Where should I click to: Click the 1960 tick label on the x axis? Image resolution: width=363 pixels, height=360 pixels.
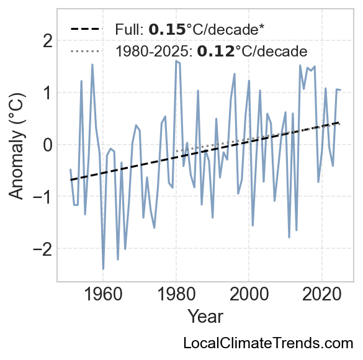pos(103,295)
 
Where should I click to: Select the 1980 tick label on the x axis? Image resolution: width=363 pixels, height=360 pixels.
pos(176,295)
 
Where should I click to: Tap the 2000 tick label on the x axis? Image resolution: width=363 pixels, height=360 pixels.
pos(249,295)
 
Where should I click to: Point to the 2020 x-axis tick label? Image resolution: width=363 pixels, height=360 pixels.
pos(322,295)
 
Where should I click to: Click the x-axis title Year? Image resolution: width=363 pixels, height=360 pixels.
pos(205,317)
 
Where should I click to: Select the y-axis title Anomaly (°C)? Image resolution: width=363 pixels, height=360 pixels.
pos(16,146)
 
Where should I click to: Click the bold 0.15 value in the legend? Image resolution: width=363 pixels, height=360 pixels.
pos(167,30)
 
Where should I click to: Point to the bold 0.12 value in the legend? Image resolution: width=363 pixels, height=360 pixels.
pos(216,51)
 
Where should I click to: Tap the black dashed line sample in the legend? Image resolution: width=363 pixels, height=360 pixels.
pos(86,29)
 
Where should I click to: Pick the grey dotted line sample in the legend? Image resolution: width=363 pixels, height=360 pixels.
pos(86,51)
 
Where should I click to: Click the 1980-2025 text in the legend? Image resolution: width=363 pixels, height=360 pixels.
pos(154,51)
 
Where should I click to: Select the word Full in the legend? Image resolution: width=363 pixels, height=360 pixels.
pos(129,30)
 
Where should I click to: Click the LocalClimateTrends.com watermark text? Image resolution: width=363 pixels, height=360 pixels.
pos(268,343)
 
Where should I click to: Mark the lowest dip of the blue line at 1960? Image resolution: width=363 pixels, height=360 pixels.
pos(103,269)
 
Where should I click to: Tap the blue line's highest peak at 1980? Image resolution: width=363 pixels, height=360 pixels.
pos(176,61)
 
